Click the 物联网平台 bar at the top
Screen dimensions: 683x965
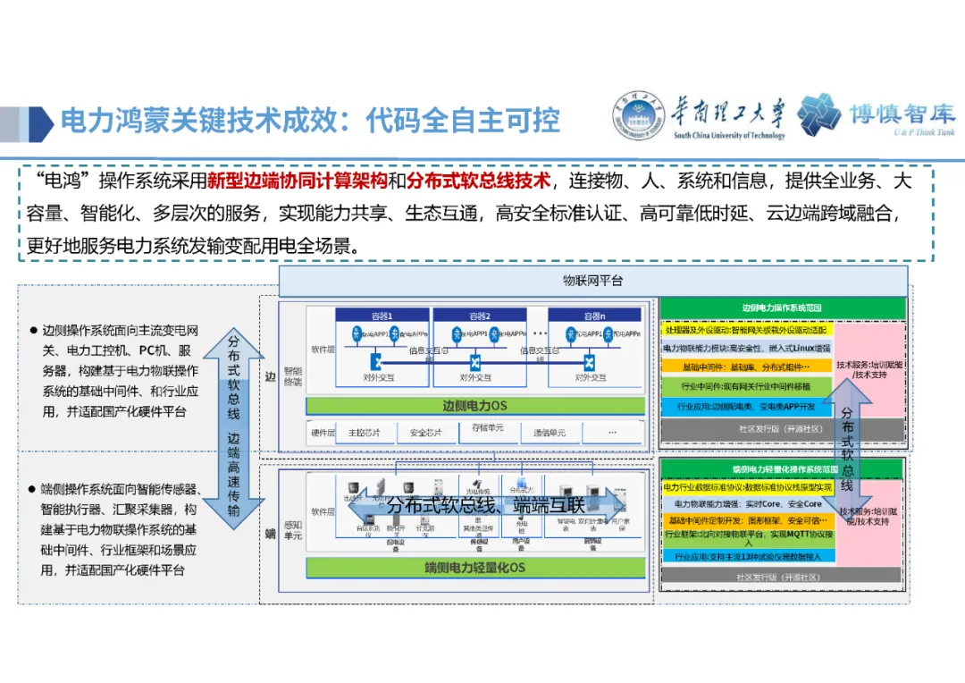point(592,281)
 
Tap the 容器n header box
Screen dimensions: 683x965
point(594,316)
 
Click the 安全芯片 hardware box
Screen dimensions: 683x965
point(424,433)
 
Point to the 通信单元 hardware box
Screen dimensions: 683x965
point(550,433)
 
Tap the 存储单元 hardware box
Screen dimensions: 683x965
point(487,429)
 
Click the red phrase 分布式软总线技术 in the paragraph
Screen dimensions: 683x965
point(478,181)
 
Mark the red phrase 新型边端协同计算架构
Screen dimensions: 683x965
point(297,181)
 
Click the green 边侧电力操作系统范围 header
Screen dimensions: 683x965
point(782,308)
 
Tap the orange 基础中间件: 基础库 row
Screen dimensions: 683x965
point(747,367)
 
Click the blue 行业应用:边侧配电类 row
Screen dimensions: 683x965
point(747,407)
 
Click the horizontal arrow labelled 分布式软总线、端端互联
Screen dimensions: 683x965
point(487,505)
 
